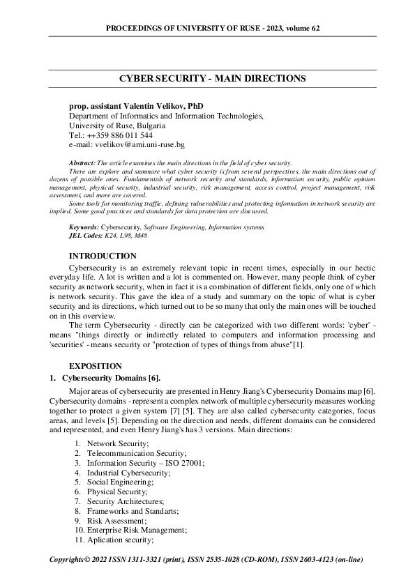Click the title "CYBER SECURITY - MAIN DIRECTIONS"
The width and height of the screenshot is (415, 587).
(207, 79)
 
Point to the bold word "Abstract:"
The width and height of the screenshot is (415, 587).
(85, 162)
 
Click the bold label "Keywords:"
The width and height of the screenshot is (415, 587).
(84, 227)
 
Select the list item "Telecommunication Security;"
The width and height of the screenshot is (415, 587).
(133, 452)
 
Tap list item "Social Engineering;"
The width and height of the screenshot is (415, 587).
(119, 482)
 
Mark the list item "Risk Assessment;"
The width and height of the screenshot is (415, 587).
(116, 520)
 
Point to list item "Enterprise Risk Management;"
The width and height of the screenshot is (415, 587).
(137, 530)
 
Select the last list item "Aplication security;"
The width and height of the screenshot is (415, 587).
(119, 540)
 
